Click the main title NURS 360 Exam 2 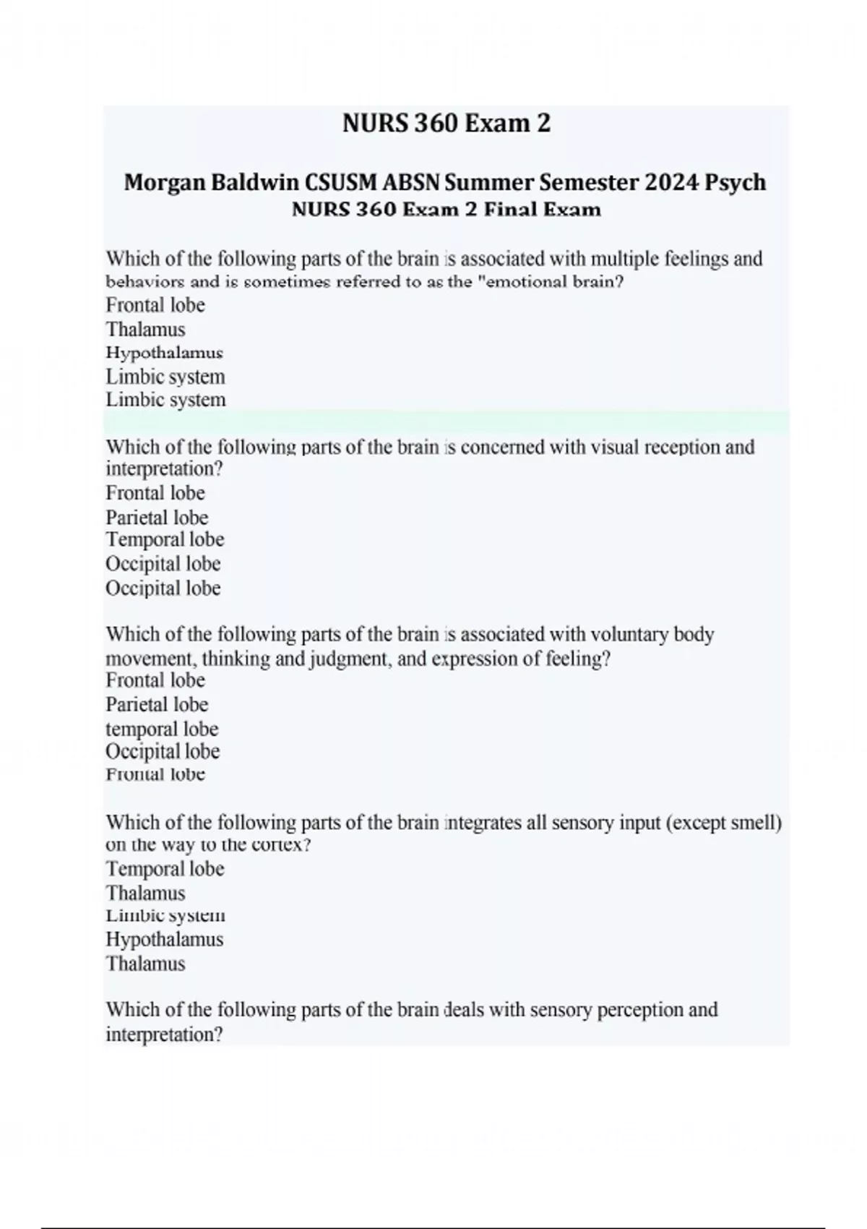pos(446,124)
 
